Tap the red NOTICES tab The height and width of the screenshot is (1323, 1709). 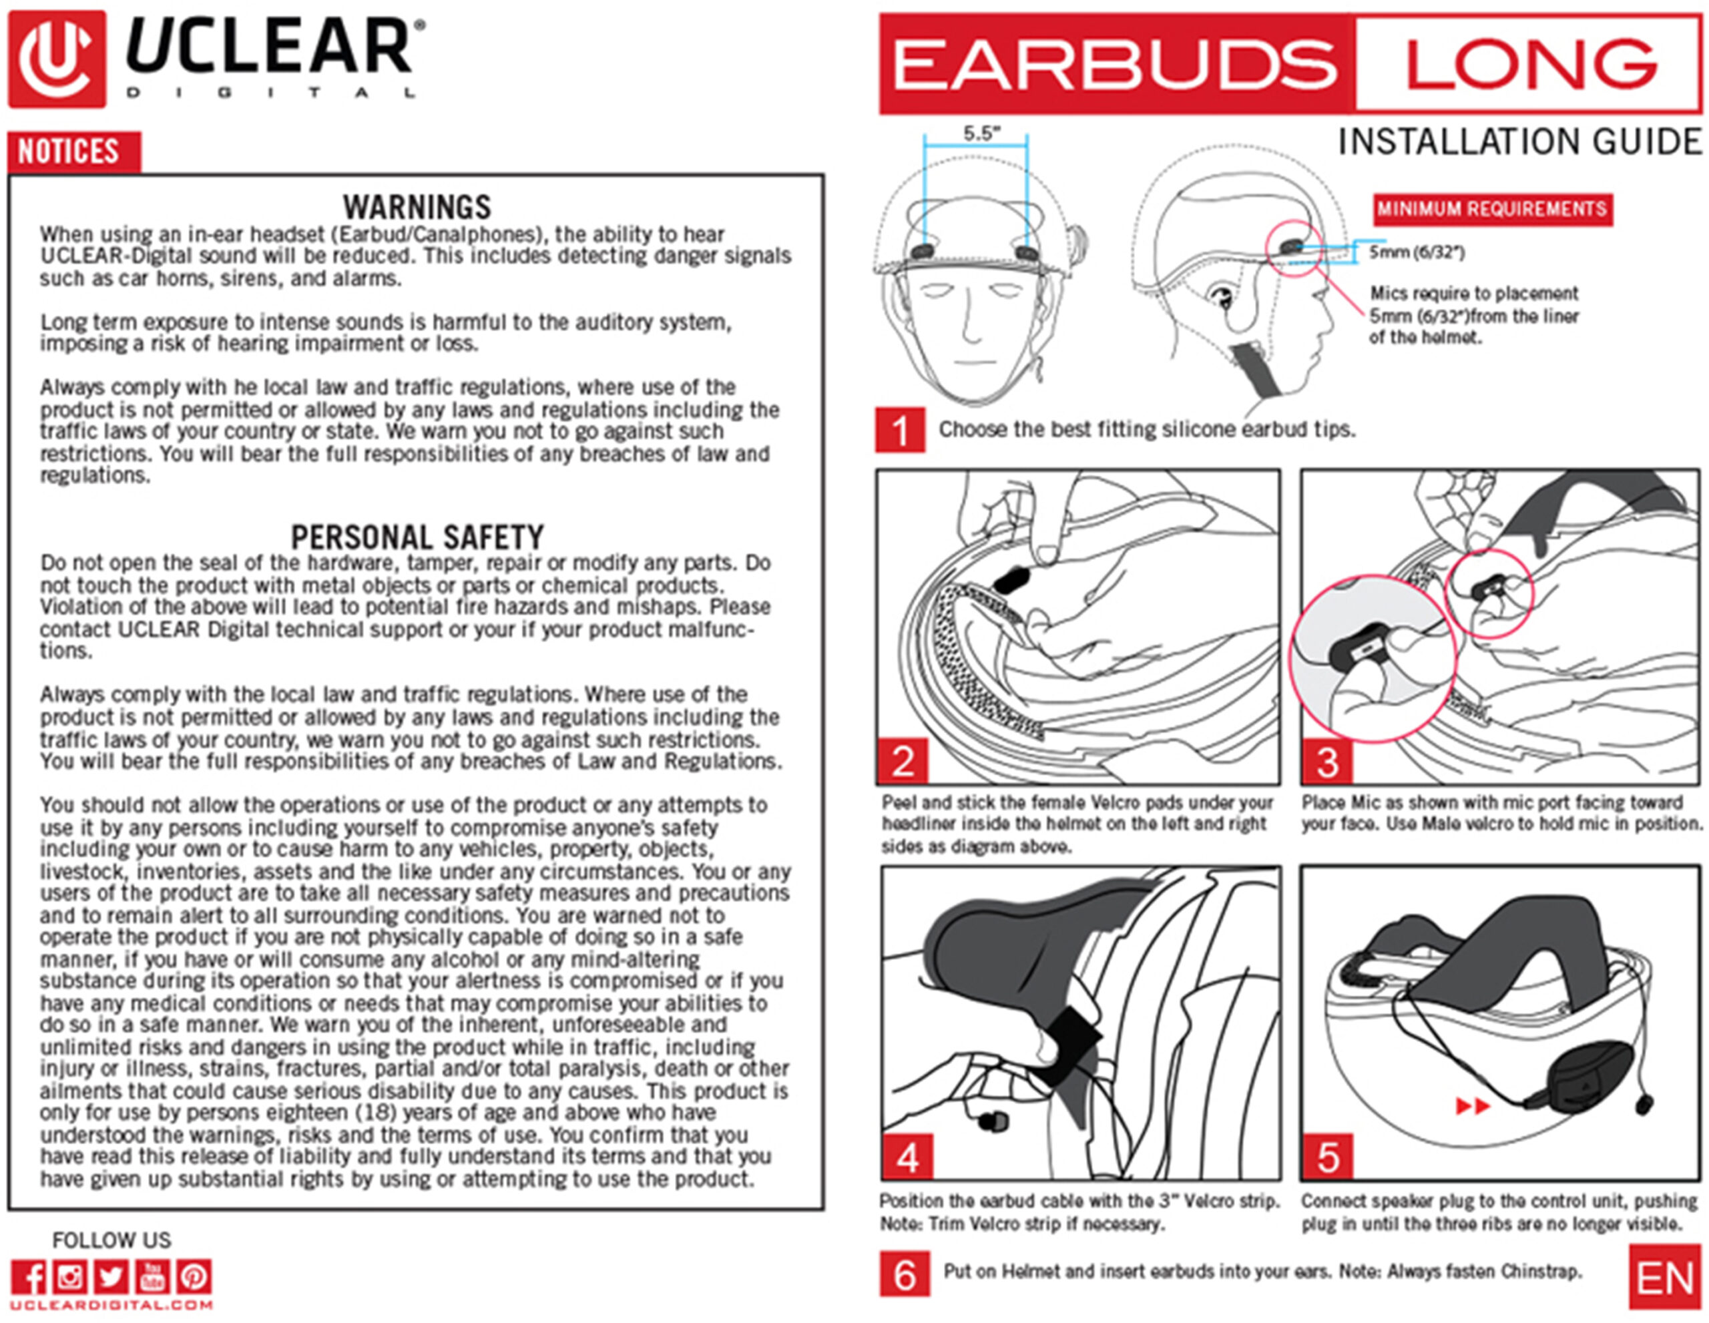(x=73, y=151)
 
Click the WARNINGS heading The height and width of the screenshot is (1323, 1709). (x=417, y=206)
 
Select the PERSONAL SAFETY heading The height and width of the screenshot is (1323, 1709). (x=417, y=537)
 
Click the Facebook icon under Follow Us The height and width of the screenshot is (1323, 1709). (x=29, y=1278)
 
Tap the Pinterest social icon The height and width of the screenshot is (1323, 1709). (x=194, y=1278)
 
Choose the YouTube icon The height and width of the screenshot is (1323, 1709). (x=153, y=1278)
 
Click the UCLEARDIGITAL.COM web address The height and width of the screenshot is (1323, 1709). (x=111, y=1305)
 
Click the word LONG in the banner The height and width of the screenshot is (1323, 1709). (x=1530, y=64)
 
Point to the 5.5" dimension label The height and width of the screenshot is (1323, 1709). (x=981, y=133)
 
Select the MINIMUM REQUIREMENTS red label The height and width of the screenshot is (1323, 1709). (x=1491, y=209)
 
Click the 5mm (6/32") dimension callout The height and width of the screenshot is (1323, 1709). (x=1417, y=252)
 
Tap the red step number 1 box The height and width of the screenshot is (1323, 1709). (x=900, y=429)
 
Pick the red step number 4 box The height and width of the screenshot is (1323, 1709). (x=907, y=1156)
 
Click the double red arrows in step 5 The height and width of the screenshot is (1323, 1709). (x=1472, y=1105)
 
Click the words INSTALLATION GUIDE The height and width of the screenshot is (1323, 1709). (x=1519, y=142)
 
